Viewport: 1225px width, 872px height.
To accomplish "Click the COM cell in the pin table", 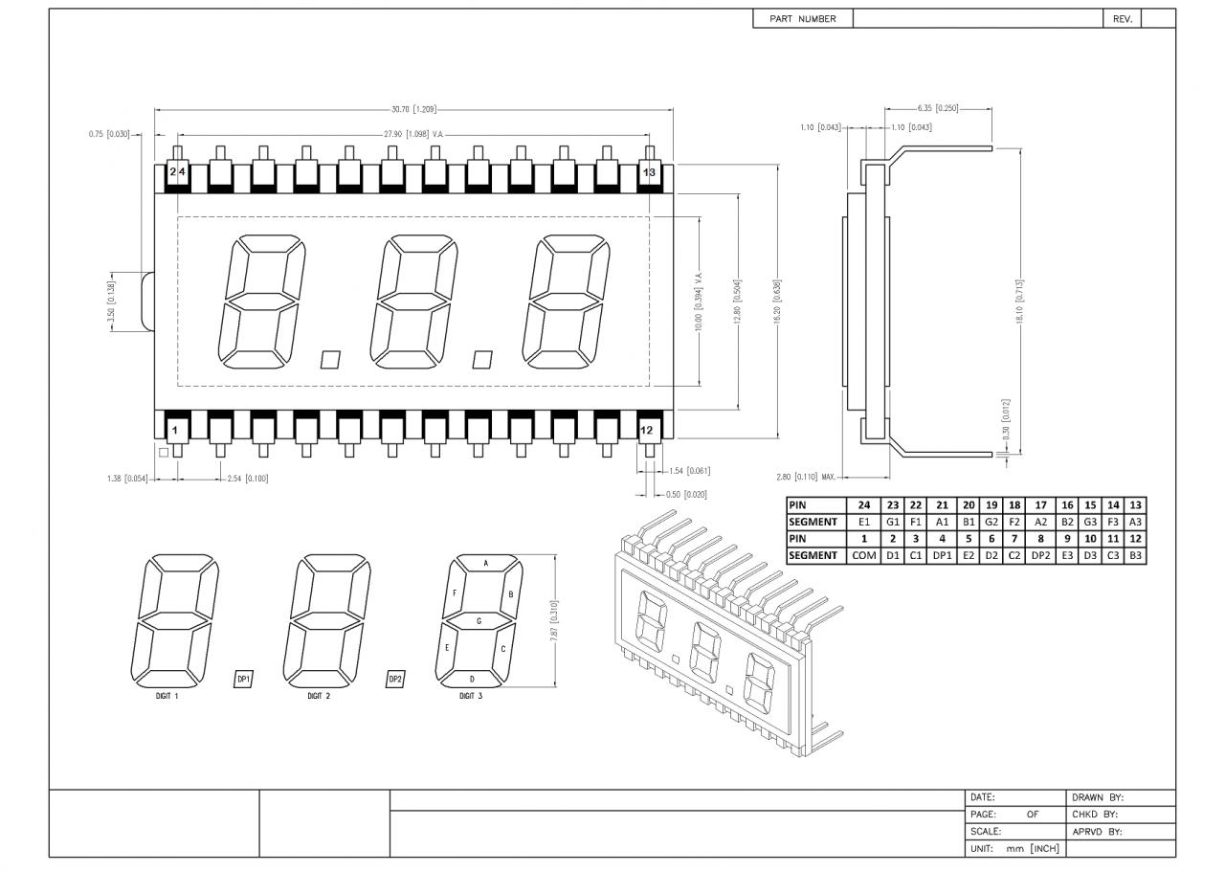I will pyautogui.click(x=863, y=555).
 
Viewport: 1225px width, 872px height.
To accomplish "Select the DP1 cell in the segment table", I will pyautogui.click(x=942, y=555).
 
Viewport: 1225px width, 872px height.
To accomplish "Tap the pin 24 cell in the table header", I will pyautogui.click(x=863, y=505).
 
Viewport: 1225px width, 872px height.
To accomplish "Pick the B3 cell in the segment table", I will pyautogui.click(x=1135, y=555).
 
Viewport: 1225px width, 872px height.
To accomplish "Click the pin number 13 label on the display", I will pyautogui.click(x=650, y=172).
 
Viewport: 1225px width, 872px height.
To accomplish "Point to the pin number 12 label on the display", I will pyautogui.click(x=647, y=431).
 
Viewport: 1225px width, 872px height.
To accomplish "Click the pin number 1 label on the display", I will pyautogui.click(x=175, y=431).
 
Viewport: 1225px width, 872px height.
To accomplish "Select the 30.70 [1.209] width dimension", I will pyautogui.click(x=414, y=110).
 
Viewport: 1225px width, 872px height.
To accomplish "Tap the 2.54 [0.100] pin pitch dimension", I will pyautogui.click(x=248, y=479).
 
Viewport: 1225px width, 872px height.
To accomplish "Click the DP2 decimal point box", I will pyautogui.click(x=395, y=679).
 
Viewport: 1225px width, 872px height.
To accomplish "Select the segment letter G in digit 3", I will pyautogui.click(x=479, y=621).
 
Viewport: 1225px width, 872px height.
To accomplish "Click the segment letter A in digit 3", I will pyautogui.click(x=485, y=564).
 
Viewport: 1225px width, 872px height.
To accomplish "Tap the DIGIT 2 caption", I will pyautogui.click(x=319, y=696).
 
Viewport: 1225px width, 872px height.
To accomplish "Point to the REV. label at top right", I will pyautogui.click(x=1123, y=18).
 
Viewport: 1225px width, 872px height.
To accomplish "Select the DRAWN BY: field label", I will pyautogui.click(x=1097, y=797).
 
